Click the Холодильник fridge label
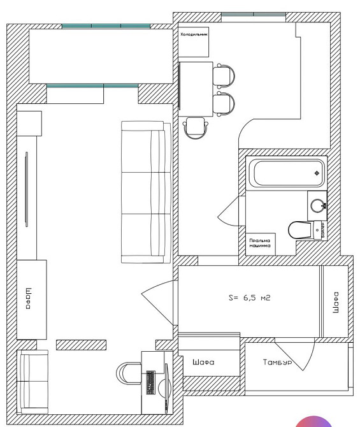[194, 35]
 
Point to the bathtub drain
[317, 174]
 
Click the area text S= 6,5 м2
[249, 298]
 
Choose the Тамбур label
[277, 363]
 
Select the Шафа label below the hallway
[203, 362]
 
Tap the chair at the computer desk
[127, 373]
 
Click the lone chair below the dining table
[195, 127]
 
